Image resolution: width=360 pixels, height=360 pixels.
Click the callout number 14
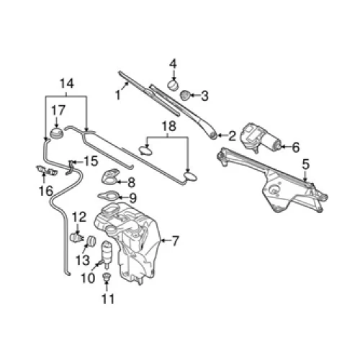(x=67, y=84)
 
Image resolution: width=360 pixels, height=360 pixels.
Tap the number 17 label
(x=58, y=110)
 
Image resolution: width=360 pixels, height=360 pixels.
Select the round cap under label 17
(x=57, y=133)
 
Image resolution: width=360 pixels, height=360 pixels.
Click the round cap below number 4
(x=173, y=85)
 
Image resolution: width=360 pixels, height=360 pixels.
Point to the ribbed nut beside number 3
(x=185, y=95)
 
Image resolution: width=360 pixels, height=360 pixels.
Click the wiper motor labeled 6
(x=261, y=138)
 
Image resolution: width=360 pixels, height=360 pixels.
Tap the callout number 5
(x=306, y=165)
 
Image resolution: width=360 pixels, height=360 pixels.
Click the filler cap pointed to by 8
(x=111, y=176)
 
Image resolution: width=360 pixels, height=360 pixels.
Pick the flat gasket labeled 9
(x=109, y=196)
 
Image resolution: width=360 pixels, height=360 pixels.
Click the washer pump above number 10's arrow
(x=107, y=253)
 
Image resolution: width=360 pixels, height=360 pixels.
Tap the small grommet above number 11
(x=106, y=277)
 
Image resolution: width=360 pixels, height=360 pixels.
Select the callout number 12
(x=79, y=217)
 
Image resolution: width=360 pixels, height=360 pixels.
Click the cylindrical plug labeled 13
(x=91, y=240)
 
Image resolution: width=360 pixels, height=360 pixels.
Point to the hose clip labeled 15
(x=71, y=167)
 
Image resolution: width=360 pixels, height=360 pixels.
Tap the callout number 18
(x=169, y=126)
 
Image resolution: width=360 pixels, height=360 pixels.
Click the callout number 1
(x=117, y=96)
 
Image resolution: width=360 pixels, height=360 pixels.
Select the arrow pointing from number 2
(x=222, y=136)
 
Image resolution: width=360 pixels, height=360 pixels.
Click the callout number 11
(x=108, y=299)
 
